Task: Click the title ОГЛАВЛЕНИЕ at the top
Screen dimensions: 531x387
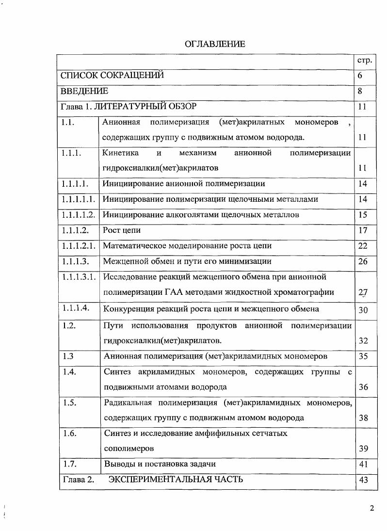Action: [x=215, y=44]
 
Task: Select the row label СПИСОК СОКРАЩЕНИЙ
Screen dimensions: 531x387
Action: [x=112, y=75]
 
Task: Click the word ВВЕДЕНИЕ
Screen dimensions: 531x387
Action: [x=84, y=91]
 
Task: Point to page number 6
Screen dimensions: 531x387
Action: [x=360, y=76]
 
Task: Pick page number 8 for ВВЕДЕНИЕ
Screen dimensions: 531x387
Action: [x=360, y=91]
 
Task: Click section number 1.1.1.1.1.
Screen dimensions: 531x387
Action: [x=78, y=199]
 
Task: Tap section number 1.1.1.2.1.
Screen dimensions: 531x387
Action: [x=78, y=246]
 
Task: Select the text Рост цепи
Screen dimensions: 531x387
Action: [x=122, y=230]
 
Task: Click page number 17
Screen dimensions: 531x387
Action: [x=363, y=230]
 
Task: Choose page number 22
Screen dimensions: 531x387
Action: [x=363, y=246]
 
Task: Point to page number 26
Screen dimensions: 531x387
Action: [x=363, y=261]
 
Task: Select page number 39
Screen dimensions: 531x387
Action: [x=363, y=449]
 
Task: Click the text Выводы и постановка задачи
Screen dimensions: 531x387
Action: [x=160, y=464]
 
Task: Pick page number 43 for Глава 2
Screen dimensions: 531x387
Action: [x=363, y=480]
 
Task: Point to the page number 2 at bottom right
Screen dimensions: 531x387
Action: [x=371, y=508]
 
